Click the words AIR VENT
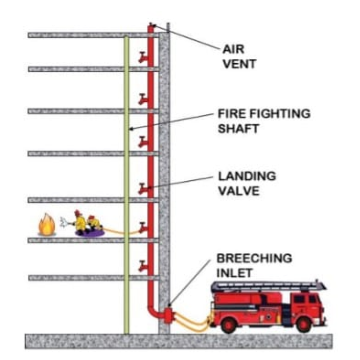(239, 57)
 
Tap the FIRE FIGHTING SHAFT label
(264, 121)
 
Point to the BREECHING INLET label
(254, 265)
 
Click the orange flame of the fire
(47, 225)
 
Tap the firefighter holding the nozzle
(79, 221)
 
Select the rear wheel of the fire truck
(229, 324)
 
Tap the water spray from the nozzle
(64, 221)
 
